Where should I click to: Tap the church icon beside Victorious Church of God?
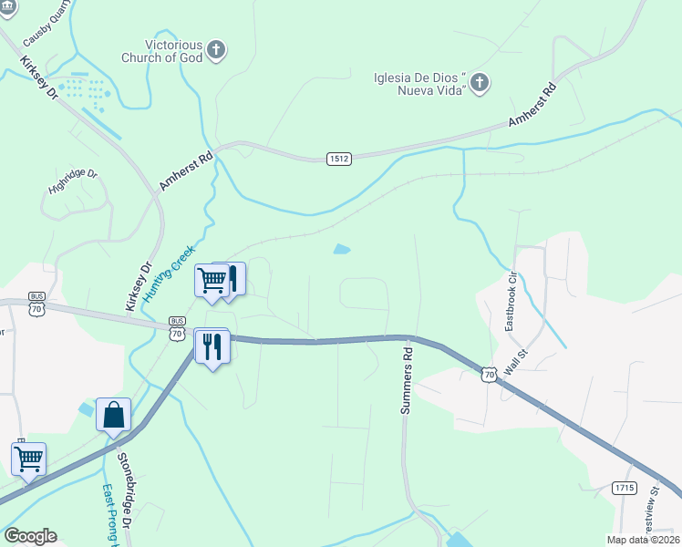pos(216,50)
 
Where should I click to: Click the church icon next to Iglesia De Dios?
pos(480,84)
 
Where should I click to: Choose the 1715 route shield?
pos(625,488)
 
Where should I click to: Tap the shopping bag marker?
pos(113,415)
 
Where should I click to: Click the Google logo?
pos(30,536)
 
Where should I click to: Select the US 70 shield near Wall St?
pos(490,375)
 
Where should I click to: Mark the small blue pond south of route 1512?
pos(342,249)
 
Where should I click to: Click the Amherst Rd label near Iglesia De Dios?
pos(532,106)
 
